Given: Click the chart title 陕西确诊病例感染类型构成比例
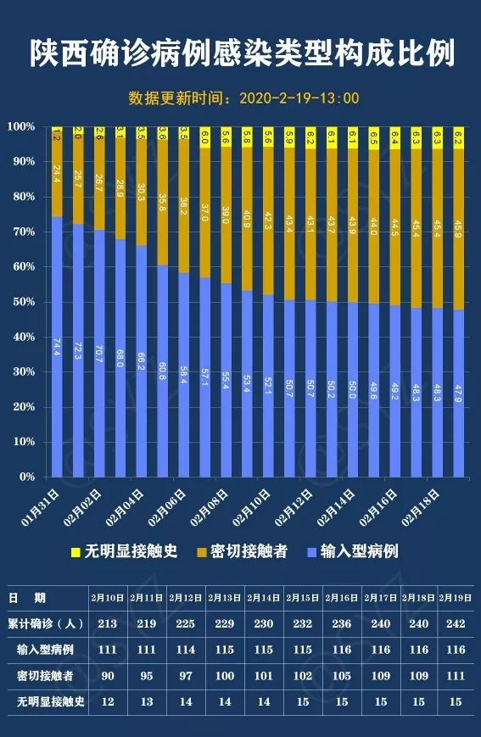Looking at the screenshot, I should point(241,53).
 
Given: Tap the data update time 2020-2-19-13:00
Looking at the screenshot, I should point(244,98).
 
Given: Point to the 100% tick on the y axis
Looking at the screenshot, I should point(21,126).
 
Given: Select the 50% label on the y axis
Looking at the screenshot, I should point(23,302).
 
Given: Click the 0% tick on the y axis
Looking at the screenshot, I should point(26,477).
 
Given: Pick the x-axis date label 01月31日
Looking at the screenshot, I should point(40,506).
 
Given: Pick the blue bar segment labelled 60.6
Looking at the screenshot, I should point(162,371).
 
